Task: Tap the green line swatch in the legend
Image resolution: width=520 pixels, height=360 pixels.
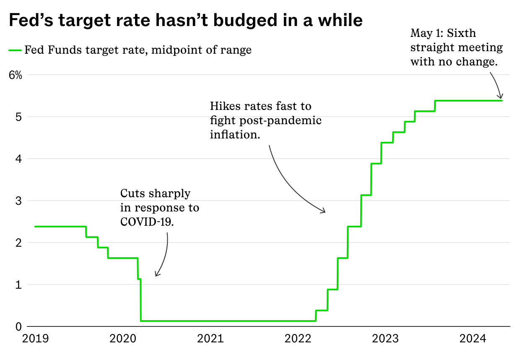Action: pos(15,51)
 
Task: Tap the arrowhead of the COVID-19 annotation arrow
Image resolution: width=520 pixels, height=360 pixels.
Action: pos(156,275)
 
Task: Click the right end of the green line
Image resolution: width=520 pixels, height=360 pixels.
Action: pos(502,100)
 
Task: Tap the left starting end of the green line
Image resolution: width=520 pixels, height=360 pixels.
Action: pos(35,227)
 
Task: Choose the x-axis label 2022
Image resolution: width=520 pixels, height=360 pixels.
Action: pos(298,339)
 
